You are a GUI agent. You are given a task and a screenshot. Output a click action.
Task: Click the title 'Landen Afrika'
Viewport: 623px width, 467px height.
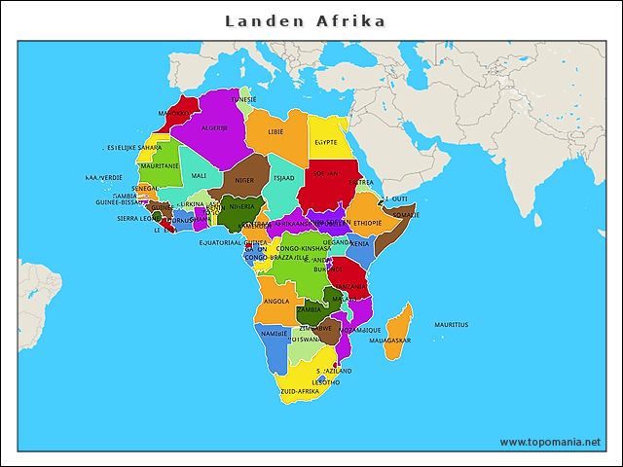305,20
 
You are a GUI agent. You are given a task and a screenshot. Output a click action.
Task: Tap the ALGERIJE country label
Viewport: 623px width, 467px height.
215,127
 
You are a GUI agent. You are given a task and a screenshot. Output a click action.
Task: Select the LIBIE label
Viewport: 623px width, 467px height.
276,131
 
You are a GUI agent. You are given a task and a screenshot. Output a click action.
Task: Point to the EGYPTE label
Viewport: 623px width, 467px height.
326,142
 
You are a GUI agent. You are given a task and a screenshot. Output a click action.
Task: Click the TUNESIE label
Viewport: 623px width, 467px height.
243,99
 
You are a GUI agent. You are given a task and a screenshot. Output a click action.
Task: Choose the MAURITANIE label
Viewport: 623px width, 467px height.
160,166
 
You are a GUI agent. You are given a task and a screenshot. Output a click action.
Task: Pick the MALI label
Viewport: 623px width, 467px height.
199,176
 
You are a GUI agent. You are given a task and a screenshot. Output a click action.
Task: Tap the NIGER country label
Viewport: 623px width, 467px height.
244,180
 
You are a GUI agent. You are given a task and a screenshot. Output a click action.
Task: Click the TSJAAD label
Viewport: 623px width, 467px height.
282,179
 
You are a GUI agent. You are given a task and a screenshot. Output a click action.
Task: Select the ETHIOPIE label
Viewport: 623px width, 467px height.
368,223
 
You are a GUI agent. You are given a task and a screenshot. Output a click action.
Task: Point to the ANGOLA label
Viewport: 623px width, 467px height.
276,301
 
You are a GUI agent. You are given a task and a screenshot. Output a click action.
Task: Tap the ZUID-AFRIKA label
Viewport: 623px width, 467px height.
299,391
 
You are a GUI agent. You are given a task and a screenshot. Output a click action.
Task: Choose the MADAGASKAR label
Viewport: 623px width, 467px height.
389,341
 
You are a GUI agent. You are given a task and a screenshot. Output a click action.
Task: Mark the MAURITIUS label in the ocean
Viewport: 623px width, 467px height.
451,324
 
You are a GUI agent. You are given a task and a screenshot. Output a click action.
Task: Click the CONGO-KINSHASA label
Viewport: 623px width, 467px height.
304,248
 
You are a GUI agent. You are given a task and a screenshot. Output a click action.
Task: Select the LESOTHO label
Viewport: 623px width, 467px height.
327,382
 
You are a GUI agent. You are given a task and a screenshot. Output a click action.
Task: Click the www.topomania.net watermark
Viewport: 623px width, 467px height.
550,442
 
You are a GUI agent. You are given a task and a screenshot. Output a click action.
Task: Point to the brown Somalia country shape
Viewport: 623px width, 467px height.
392,232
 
